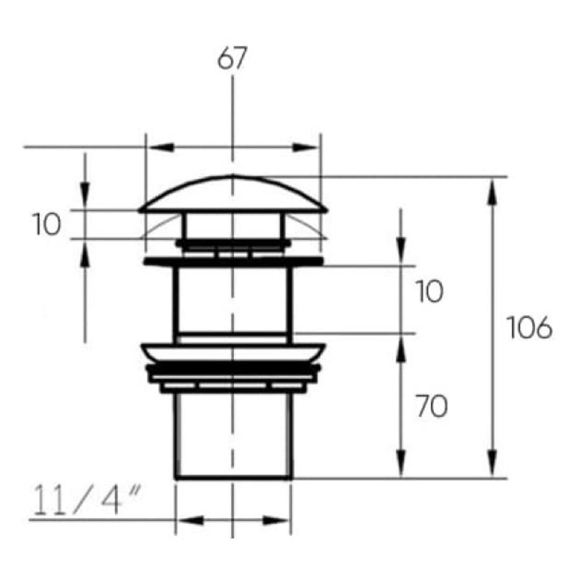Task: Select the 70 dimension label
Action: pos(432,406)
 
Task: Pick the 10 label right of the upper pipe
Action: pos(430,291)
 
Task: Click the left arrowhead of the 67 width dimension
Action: pos(162,147)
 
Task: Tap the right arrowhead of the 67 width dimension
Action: pos(305,147)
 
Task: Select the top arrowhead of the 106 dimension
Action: pos(491,192)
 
